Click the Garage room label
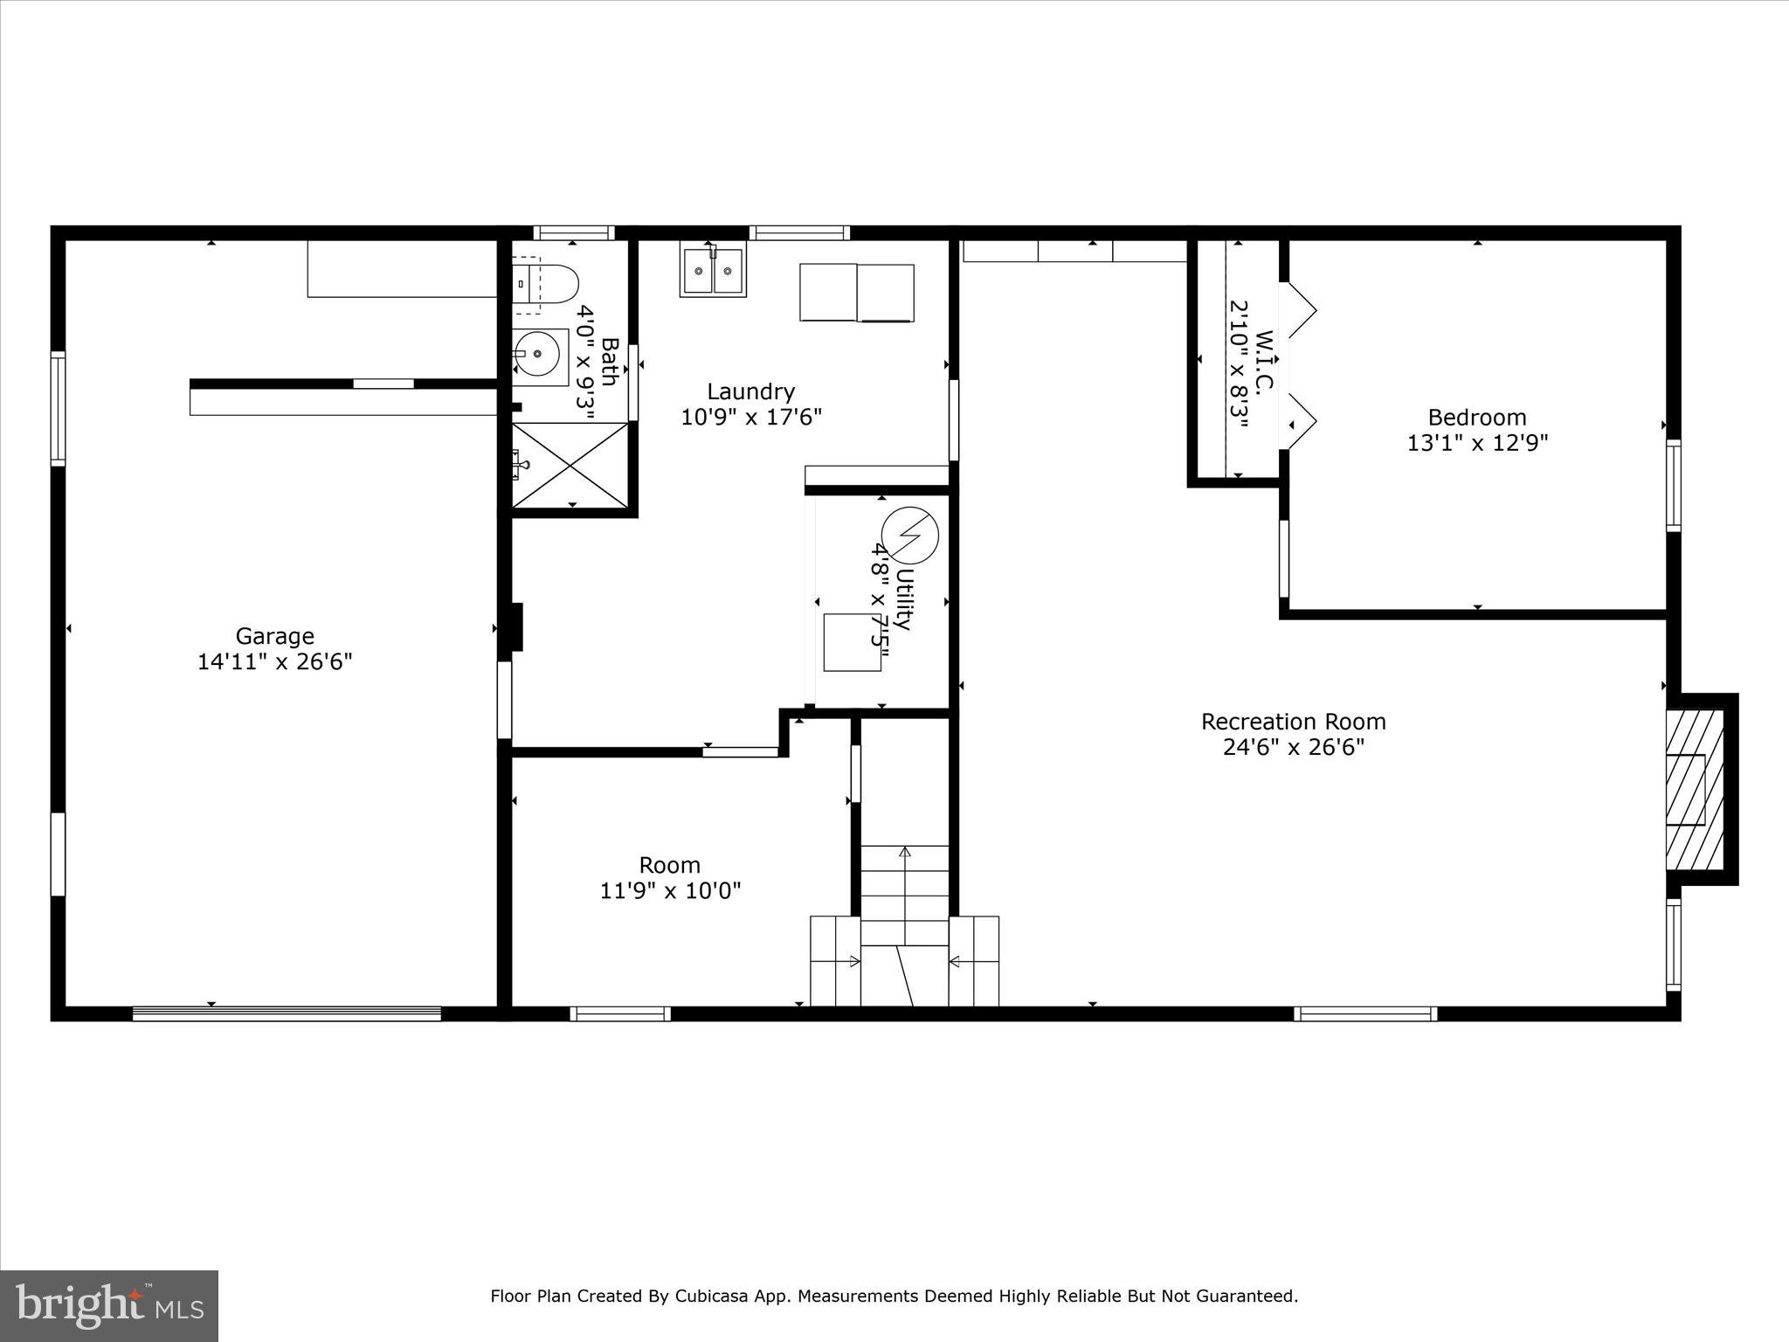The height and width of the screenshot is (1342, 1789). point(274,636)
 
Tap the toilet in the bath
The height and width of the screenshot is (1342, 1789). point(548,285)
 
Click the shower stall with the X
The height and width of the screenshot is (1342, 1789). point(570,465)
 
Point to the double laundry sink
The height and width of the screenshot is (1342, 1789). point(714,271)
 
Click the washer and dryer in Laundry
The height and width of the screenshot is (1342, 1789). point(856,293)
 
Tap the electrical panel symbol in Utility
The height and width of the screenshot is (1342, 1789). point(909,535)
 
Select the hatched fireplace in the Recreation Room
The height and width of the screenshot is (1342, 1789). point(1695,789)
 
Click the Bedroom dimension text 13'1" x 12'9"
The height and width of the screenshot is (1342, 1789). point(1477,443)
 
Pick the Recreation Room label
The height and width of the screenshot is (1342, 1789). point(1293,722)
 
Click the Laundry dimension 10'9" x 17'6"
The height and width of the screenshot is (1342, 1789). point(751,417)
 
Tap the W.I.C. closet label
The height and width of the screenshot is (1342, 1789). point(1264,360)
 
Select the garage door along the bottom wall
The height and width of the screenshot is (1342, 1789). point(287,1013)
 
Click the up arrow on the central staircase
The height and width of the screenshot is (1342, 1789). point(905,852)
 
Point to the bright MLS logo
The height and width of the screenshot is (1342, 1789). point(109,1305)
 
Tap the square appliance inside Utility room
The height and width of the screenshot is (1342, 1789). point(852,642)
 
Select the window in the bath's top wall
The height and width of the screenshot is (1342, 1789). point(574,232)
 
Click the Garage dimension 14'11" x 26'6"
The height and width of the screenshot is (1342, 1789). point(274,661)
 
